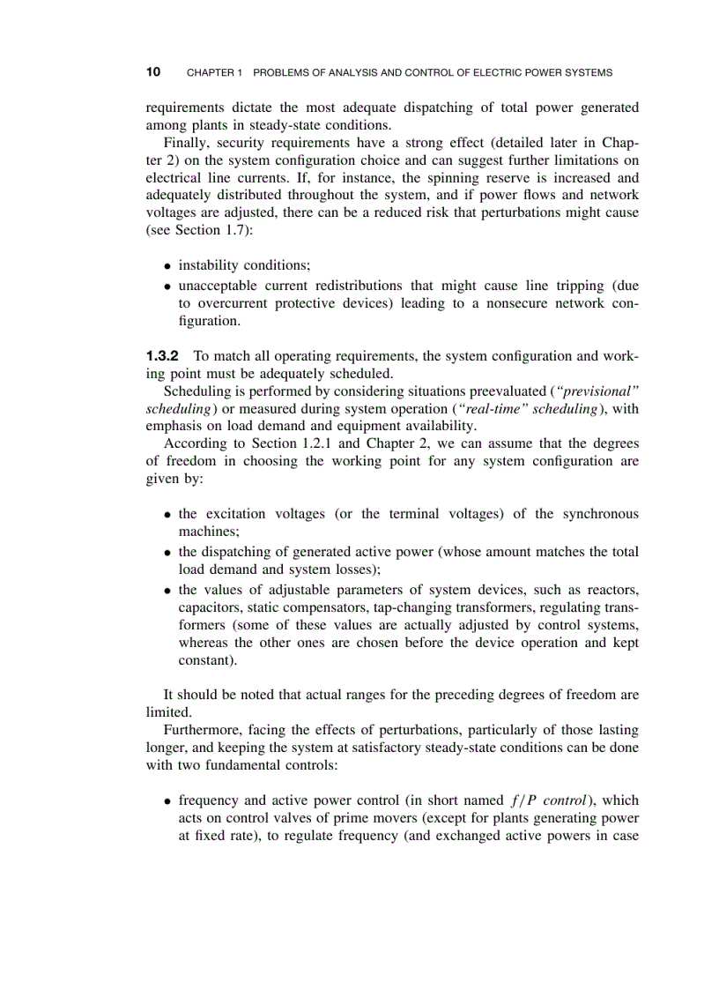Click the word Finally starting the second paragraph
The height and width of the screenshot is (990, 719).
187,143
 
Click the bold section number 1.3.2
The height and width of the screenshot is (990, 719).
162,356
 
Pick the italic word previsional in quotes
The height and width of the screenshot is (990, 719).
600,391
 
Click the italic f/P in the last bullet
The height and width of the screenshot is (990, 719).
524,801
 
